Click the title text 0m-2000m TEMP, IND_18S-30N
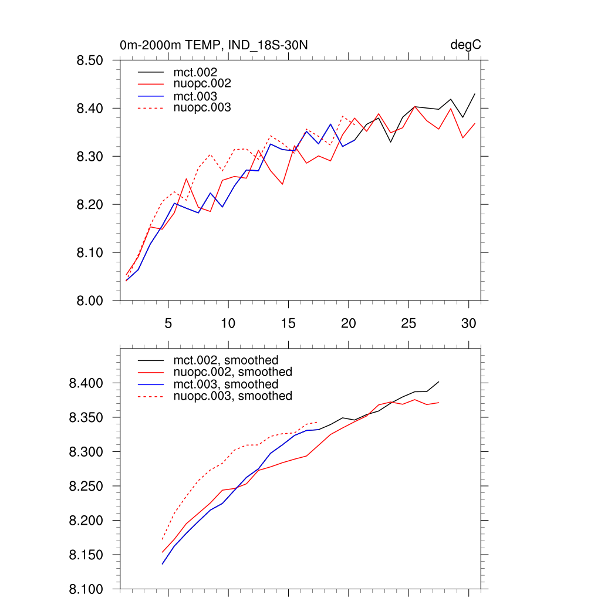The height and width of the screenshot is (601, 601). tap(214, 45)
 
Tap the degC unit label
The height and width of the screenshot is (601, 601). tap(466, 45)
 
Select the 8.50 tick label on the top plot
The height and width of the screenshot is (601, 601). tap(90, 60)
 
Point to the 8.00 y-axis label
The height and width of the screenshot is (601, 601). tap(90, 301)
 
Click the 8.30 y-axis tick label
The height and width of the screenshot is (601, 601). tap(90, 157)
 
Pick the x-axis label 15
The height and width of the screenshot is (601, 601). tap(288, 323)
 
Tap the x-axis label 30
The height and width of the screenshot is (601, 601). tap(468, 323)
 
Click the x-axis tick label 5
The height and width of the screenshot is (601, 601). tap(168, 323)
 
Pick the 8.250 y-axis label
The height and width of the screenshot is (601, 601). tap(86, 487)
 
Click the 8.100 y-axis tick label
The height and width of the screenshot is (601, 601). tap(86, 589)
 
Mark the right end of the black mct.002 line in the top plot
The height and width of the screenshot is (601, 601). tap(474, 94)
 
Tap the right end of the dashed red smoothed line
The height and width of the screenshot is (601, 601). tap(318, 421)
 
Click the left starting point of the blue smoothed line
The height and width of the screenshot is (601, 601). tap(163, 564)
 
